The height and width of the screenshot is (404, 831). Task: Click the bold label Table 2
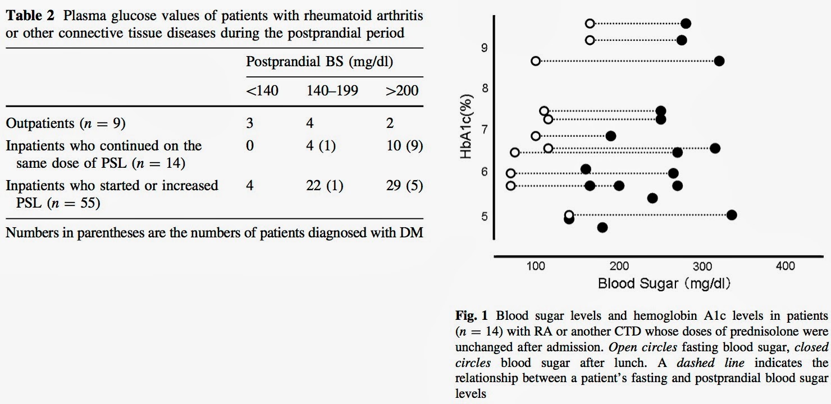tap(30, 16)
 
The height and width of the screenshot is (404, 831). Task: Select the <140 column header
tap(262, 90)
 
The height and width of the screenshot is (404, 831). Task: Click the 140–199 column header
tap(332, 90)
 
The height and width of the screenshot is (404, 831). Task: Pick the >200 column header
tap(402, 90)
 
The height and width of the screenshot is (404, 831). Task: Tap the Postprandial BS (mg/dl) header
tap(319, 62)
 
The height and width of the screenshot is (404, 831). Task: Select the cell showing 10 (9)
tap(404, 145)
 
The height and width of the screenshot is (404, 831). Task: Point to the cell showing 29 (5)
tap(404, 185)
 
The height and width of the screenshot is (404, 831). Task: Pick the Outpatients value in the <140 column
tap(250, 123)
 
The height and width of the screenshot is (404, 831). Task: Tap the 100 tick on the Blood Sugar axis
tap(536, 266)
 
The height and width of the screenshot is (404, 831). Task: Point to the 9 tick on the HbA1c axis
tap(485, 48)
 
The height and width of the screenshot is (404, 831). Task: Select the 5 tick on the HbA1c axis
tap(485, 216)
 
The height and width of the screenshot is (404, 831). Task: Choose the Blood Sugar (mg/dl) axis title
tap(664, 283)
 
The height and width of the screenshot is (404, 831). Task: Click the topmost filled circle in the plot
tap(686, 24)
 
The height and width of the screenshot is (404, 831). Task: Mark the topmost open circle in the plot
tap(590, 24)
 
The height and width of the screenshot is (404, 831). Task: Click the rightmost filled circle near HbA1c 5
tap(732, 215)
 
